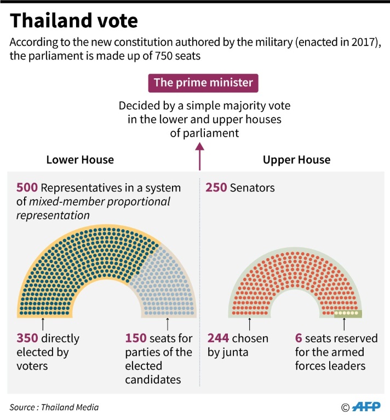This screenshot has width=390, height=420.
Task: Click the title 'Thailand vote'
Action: point(74,21)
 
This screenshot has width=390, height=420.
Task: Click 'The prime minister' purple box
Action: point(203,83)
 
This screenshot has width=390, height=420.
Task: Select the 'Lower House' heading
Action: point(80,160)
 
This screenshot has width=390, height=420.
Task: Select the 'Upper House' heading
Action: point(296,160)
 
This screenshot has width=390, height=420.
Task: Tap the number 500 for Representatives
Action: point(27,188)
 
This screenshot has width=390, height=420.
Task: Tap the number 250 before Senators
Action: point(216,188)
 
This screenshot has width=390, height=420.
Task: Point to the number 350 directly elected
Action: point(27,339)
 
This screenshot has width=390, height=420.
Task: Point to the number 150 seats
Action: point(136,339)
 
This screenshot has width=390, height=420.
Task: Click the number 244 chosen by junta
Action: point(218,339)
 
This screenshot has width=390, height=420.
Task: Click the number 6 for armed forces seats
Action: point(299,339)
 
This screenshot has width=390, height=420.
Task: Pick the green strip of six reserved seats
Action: point(348,314)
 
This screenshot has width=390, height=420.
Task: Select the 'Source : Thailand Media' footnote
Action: point(54,407)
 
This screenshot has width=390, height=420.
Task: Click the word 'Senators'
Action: point(253,188)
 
